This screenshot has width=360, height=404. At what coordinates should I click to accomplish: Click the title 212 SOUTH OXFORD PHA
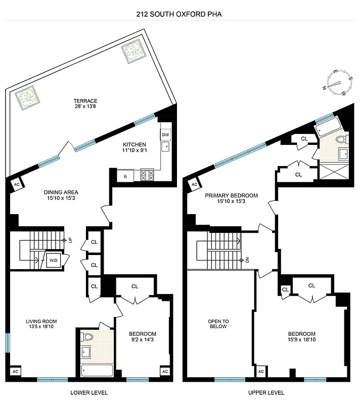click(x=179, y=14)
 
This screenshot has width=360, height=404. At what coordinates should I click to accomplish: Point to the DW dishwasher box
click(x=165, y=135)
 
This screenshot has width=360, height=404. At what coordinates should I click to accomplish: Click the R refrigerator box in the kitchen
click(x=125, y=176)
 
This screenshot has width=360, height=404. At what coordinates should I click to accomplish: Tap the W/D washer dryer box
click(x=53, y=261)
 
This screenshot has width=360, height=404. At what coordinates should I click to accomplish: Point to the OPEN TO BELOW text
click(x=218, y=324)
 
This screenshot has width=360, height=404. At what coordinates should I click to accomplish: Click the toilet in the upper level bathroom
click(x=341, y=139)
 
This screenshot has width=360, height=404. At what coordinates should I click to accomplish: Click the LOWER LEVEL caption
click(x=89, y=392)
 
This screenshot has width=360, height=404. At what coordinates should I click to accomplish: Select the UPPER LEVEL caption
click(x=266, y=392)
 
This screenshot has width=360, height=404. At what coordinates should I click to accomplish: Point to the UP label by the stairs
click(x=70, y=240)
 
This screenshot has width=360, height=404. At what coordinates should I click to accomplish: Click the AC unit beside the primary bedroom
click(x=194, y=184)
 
